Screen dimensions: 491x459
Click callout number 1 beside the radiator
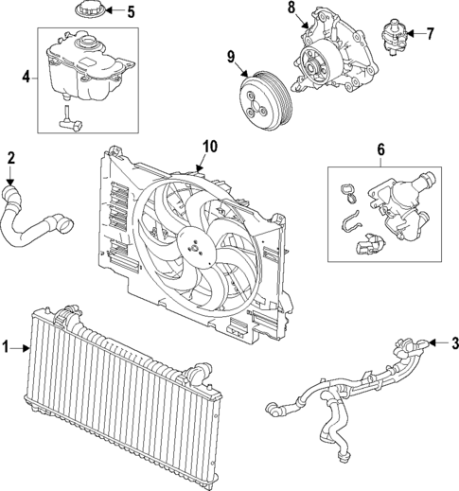click(9, 349)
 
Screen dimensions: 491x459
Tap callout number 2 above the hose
click(11, 157)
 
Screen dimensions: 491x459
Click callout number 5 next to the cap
click(131, 12)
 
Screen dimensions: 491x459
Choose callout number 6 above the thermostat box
click(380, 149)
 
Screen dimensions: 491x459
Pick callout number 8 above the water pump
click(292, 9)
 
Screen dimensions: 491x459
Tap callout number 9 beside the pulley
click(231, 56)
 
